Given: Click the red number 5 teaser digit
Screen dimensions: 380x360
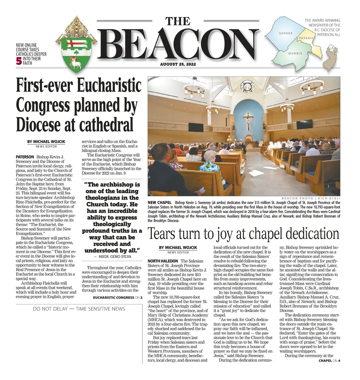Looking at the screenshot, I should [19, 61].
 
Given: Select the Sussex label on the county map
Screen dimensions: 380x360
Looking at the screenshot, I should [285, 33].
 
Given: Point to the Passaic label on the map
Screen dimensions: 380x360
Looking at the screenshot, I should [306, 38].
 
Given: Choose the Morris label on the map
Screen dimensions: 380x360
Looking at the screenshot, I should [295, 53].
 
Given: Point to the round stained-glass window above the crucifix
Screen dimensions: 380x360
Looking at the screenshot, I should [247, 86].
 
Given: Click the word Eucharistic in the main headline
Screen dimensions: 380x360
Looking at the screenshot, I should [109, 85].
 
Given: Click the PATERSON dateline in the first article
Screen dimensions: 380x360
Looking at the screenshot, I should [25, 157].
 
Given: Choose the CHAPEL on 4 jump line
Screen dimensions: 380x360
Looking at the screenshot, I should [329, 360].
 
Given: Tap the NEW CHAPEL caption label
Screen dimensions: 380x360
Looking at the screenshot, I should [159, 203].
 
